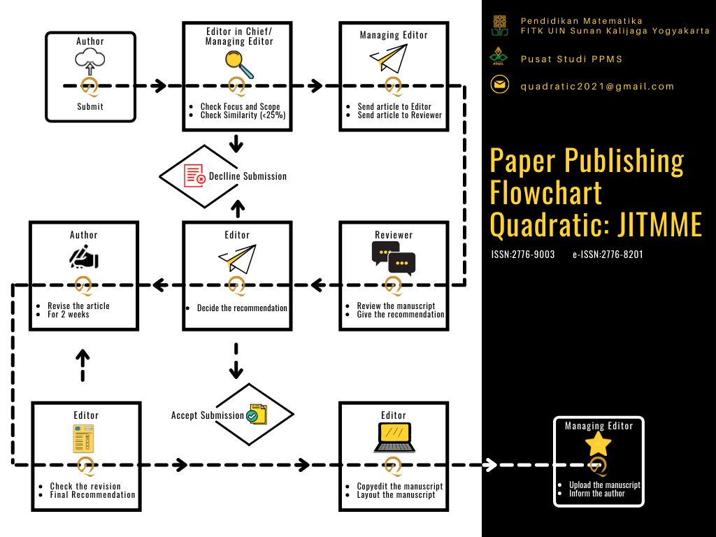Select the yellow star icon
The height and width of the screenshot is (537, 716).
598,443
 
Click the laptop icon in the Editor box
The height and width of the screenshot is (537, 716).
394,438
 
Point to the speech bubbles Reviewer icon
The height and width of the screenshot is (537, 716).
394,257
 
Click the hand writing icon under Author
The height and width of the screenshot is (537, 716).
84,258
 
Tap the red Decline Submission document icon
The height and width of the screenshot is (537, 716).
194,176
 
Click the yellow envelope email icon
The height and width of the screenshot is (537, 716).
499,85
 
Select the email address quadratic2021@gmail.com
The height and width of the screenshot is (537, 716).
597,87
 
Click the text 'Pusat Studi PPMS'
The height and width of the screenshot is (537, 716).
571,59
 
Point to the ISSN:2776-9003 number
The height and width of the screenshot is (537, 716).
523,255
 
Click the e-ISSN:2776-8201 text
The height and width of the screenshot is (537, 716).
607,255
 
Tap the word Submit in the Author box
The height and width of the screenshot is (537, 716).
90,107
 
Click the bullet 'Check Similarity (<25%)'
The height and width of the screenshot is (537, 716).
243,115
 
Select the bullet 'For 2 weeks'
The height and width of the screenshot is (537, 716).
69,315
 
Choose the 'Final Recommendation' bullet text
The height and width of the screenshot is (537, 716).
92,495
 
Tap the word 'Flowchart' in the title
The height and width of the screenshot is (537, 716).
546,192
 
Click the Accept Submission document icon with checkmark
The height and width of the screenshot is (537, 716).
256,414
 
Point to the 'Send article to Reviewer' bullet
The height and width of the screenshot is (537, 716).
400,115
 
